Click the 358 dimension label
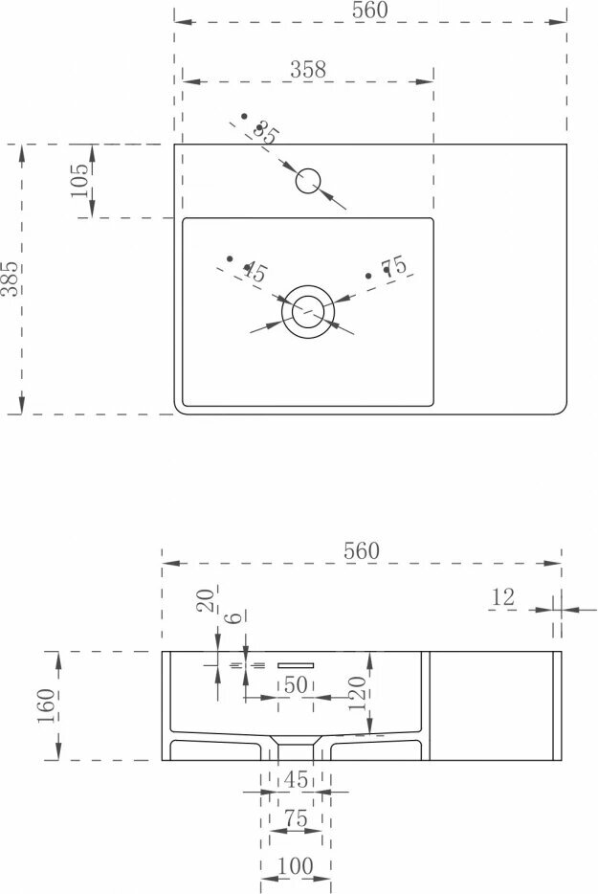[x=308, y=69]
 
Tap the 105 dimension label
[x=79, y=180]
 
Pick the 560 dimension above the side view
[x=361, y=551]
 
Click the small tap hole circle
[x=308, y=180]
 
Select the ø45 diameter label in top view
[x=253, y=272]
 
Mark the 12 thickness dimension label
[x=502, y=598]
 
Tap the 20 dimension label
[x=205, y=600]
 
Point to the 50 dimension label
[x=296, y=684]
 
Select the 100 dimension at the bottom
[x=296, y=866]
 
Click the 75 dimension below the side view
[x=296, y=819]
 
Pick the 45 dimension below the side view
[x=296, y=780]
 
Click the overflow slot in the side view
[x=296, y=664]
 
